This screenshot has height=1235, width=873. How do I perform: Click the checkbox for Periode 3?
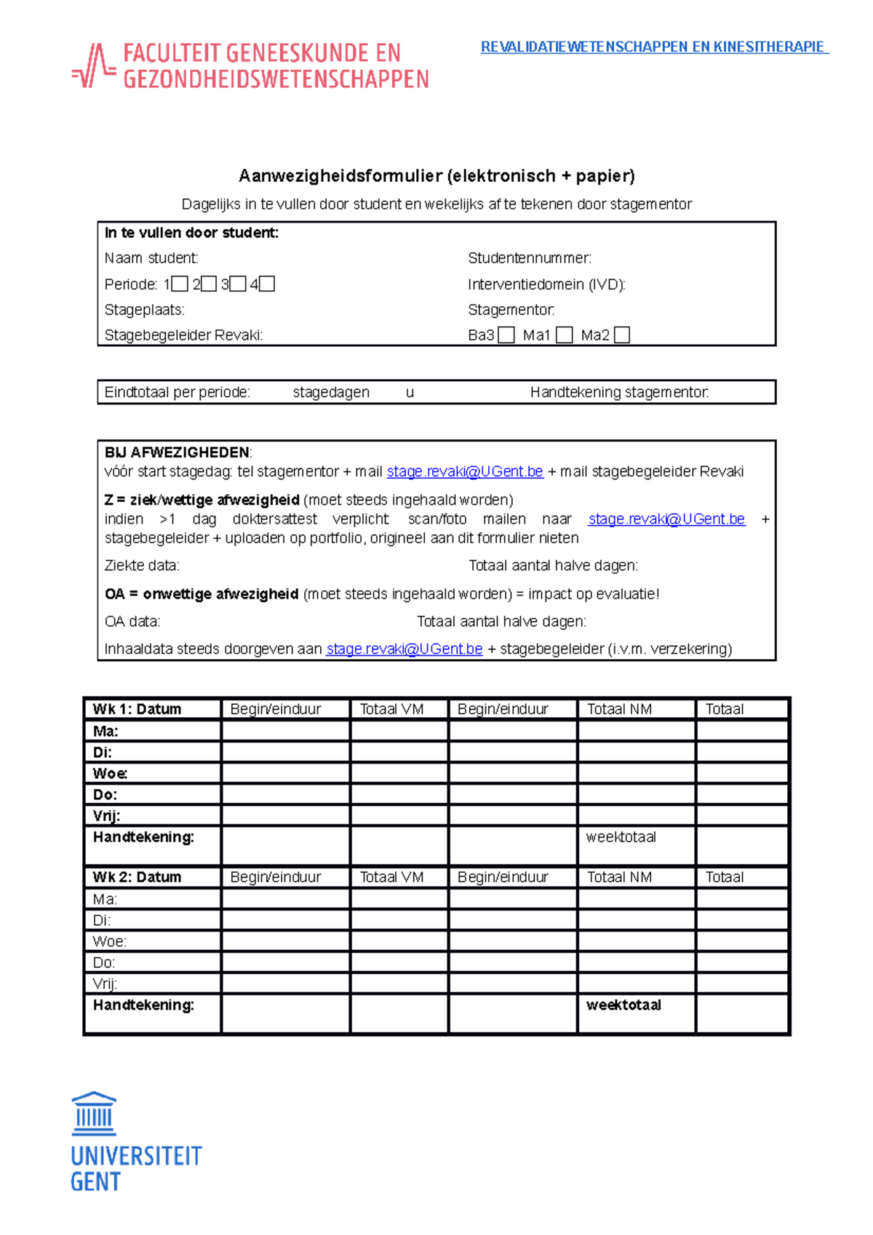(238, 284)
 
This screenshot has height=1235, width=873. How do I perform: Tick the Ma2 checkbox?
(621, 335)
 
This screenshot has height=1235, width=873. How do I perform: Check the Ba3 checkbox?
(507, 335)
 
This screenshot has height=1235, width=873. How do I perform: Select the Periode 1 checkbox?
(180, 284)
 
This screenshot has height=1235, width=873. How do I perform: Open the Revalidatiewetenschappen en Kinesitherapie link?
(653, 47)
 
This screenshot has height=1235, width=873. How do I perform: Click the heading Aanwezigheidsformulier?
(436, 176)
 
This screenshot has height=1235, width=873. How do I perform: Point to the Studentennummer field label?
(530, 258)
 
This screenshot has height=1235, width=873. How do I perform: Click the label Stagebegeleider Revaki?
(183, 335)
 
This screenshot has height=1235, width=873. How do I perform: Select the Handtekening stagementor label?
(619, 393)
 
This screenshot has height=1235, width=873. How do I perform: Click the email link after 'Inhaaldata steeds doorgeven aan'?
(404, 649)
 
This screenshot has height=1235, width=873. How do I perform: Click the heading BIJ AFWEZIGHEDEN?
(177, 452)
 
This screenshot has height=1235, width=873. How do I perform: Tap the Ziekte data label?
(142, 566)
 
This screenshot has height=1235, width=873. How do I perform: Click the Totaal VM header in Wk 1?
(391, 709)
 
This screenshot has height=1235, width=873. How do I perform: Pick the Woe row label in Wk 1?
(110, 773)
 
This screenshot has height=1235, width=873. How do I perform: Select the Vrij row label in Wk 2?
(105, 983)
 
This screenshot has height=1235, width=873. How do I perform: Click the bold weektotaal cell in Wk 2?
(623, 1005)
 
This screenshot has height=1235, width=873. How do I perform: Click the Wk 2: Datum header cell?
(137, 877)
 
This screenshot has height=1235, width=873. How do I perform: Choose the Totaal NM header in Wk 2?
(619, 877)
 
